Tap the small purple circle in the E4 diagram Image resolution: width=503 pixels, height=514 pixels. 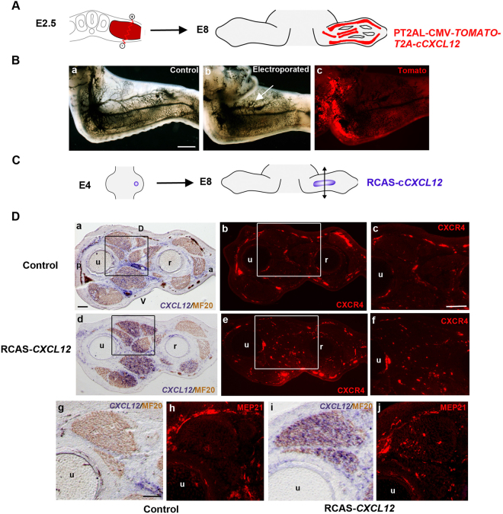[136, 183]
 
